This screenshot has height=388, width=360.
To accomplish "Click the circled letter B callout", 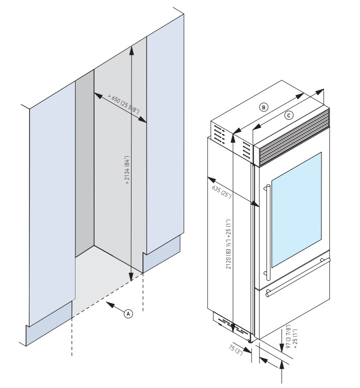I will (264, 106).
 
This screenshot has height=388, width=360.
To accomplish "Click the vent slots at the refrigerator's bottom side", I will (232, 324).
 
